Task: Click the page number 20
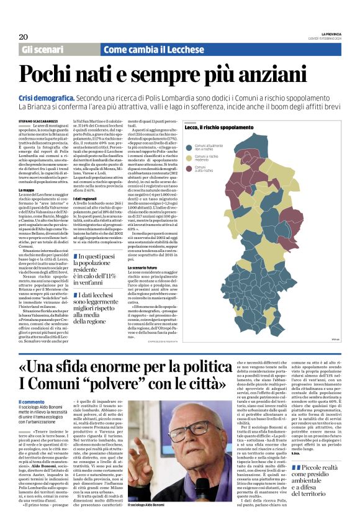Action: [x=23, y=37]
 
